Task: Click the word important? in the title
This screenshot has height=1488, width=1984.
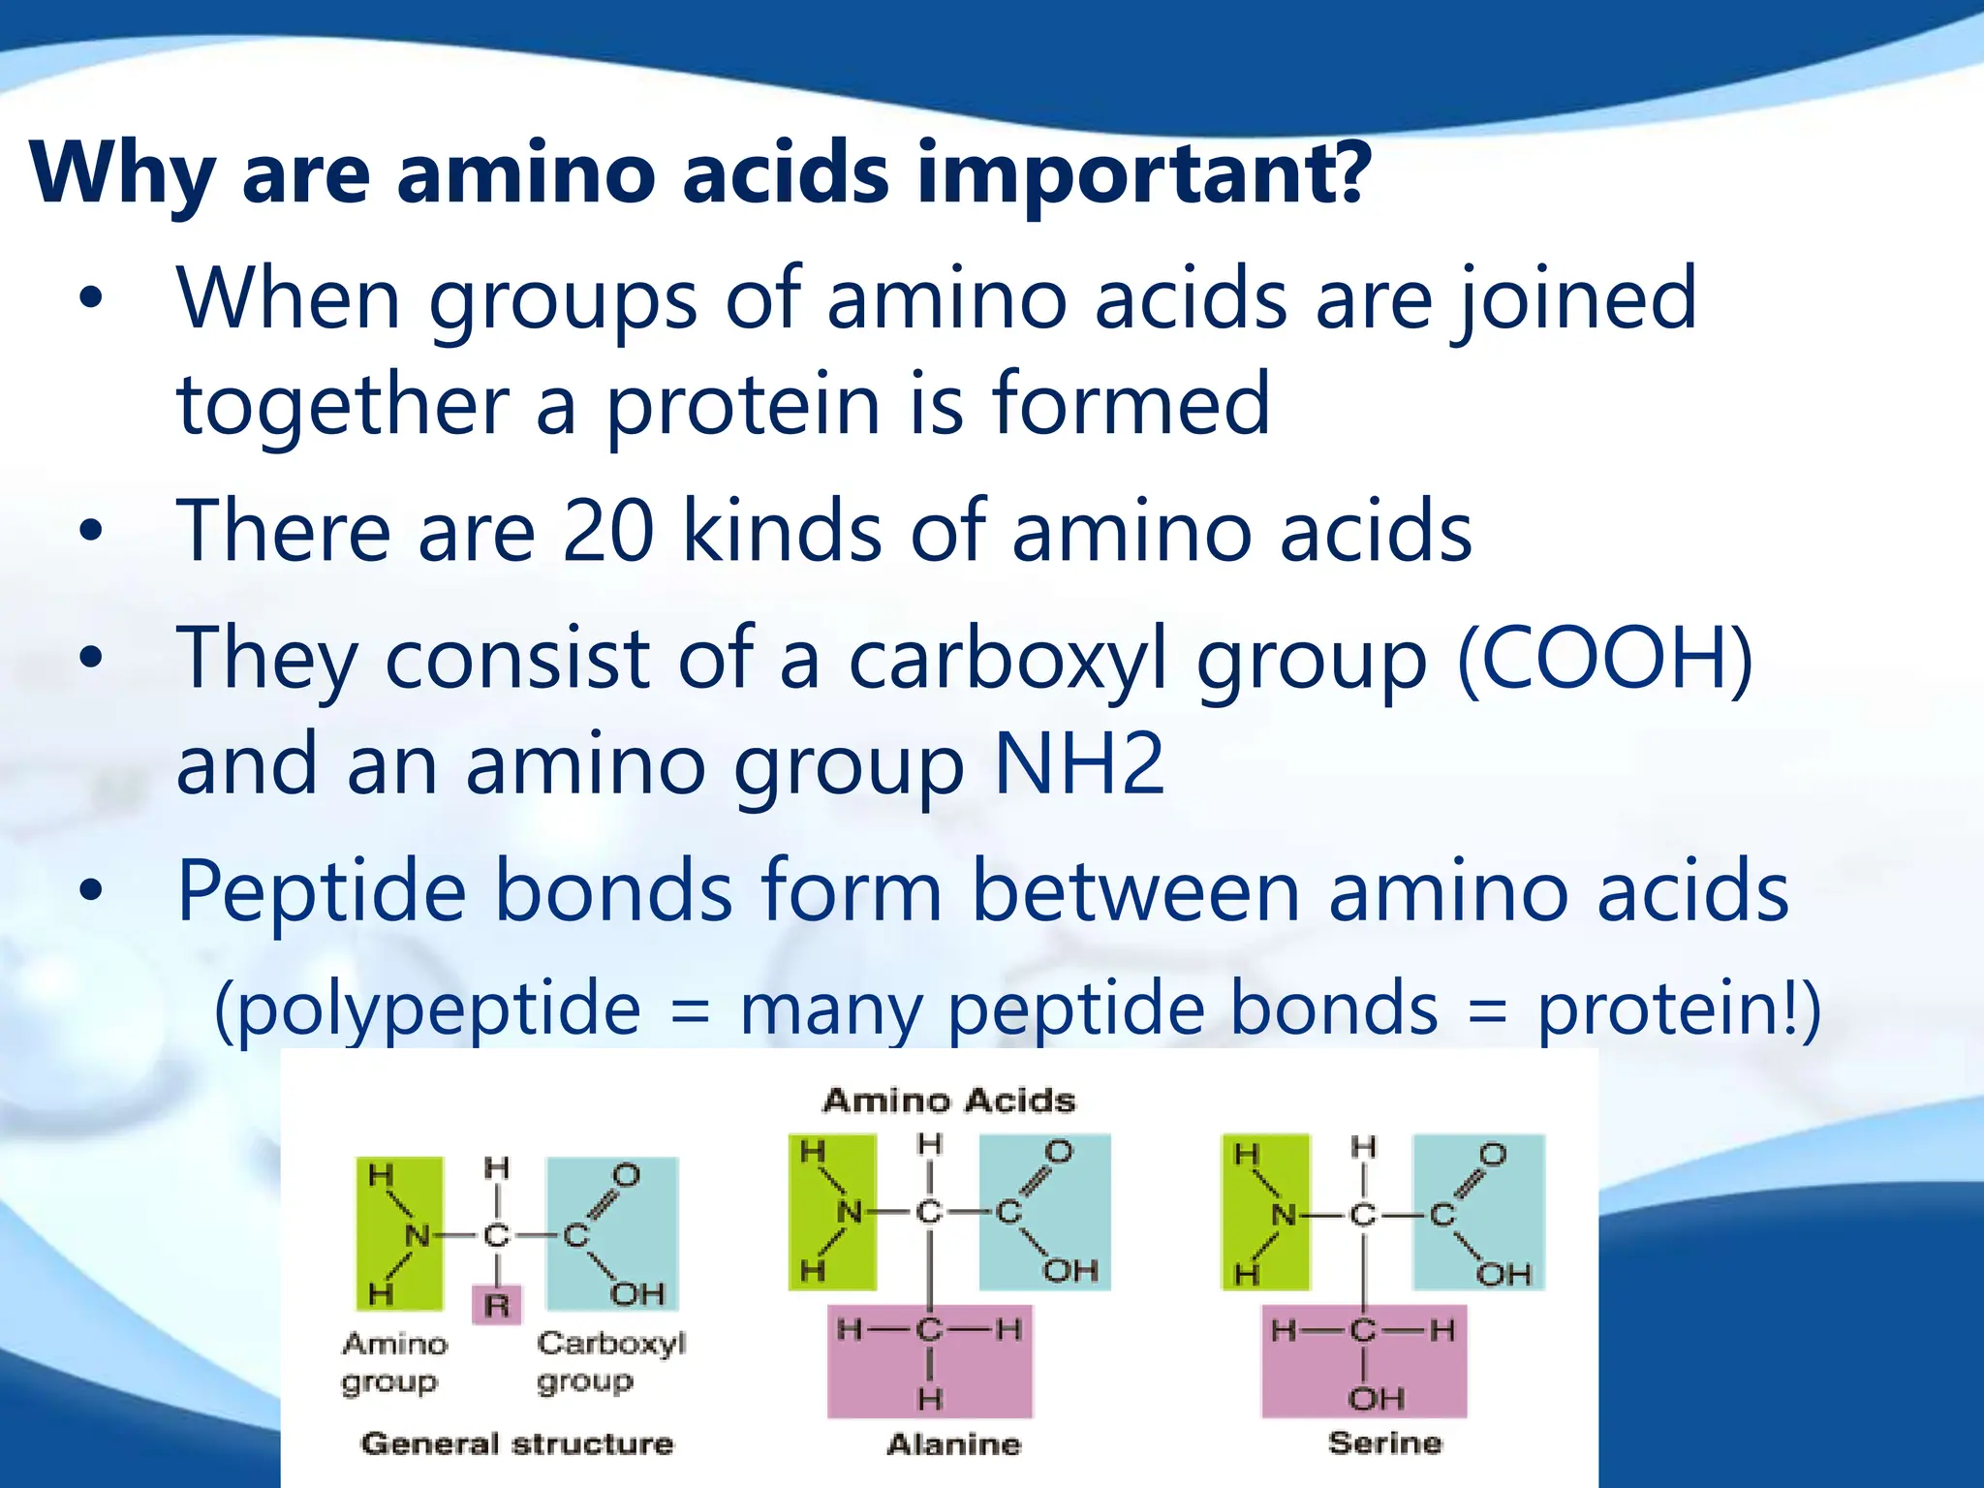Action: pyautogui.click(x=1143, y=174)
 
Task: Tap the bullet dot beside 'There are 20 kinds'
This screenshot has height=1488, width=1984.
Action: pyautogui.click(x=91, y=530)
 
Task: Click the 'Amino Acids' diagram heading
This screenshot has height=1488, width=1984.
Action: pyautogui.click(x=949, y=1101)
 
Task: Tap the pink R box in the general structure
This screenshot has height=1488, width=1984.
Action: pyautogui.click(x=497, y=1305)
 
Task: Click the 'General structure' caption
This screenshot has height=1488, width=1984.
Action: pyautogui.click(x=516, y=1443)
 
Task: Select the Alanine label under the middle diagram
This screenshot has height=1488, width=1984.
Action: pyautogui.click(x=954, y=1444)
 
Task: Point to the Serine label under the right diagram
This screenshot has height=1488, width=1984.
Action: pyautogui.click(x=1385, y=1442)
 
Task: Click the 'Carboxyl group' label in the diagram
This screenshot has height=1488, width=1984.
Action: pyautogui.click(x=610, y=1361)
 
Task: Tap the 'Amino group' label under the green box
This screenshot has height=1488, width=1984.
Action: pyautogui.click(x=394, y=1361)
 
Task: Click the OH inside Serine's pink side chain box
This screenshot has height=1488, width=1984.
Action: pyautogui.click(x=1376, y=1398)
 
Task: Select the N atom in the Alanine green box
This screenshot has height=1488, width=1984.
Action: pyautogui.click(x=849, y=1212)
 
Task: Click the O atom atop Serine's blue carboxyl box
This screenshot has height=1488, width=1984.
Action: pyautogui.click(x=1493, y=1155)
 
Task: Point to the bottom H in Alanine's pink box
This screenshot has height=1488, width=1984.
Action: pyautogui.click(x=930, y=1398)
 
